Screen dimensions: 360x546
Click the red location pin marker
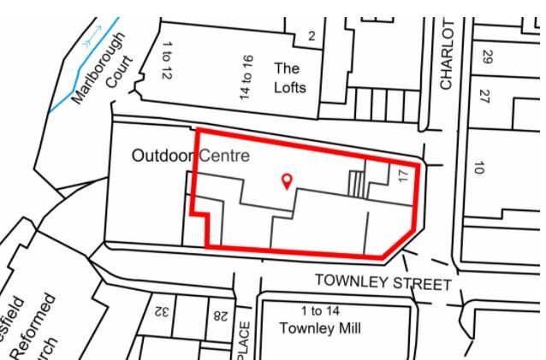pyautogui.click(x=287, y=180)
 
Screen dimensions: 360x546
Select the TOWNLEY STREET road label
pyautogui.click(x=382, y=281)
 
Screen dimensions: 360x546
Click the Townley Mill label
pyautogui.click(x=320, y=328)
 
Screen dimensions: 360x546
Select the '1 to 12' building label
pyautogui.click(x=166, y=61)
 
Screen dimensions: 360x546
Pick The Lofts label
pyautogui.click(x=289, y=77)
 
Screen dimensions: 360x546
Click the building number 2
pyautogui.click(x=312, y=35)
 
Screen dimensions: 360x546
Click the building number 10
pyautogui.click(x=479, y=168)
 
